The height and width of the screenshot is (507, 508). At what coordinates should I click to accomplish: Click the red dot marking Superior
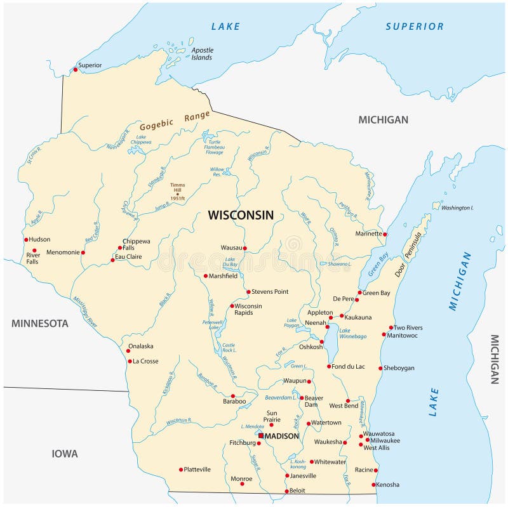(76, 69)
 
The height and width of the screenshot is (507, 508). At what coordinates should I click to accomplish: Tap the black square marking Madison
(261, 436)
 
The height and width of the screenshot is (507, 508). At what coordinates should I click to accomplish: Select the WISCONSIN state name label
(241, 215)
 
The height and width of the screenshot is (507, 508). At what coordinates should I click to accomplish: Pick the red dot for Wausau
(244, 248)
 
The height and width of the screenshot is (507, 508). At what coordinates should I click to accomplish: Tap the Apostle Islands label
(202, 54)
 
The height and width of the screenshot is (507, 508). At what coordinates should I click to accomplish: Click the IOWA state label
(65, 454)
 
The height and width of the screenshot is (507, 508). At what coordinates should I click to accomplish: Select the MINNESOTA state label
(39, 323)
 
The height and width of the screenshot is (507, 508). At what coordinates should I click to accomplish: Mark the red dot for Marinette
(385, 234)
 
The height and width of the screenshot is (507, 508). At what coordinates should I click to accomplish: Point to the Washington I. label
(457, 207)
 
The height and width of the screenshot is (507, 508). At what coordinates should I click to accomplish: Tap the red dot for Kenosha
(373, 485)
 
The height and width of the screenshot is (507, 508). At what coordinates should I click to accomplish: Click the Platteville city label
(196, 470)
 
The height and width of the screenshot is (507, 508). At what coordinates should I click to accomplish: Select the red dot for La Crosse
(130, 362)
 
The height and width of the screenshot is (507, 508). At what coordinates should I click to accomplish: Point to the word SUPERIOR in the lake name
(414, 26)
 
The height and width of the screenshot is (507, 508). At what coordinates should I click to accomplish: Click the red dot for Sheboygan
(380, 368)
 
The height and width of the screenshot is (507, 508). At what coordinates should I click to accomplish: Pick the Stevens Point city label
(270, 292)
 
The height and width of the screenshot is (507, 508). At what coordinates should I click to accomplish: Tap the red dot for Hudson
(26, 240)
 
